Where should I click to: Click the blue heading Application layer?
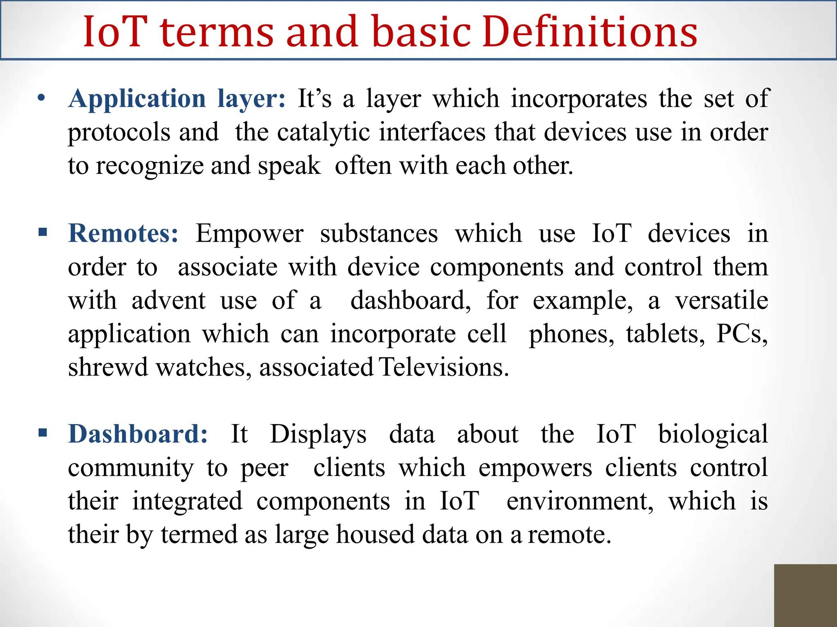[177, 99]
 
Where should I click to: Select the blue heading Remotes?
[123, 233]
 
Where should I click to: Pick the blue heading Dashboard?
[138, 434]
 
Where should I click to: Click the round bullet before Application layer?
[41, 98]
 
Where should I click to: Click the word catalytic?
[324, 133]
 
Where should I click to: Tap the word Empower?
[249, 234]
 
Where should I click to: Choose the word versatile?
[721, 300]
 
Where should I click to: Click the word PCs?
[742, 334]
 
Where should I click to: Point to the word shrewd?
[107, 367]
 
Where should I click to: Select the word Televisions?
[444, 367]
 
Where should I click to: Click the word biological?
[713, 434]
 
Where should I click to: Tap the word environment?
[580, 501]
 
